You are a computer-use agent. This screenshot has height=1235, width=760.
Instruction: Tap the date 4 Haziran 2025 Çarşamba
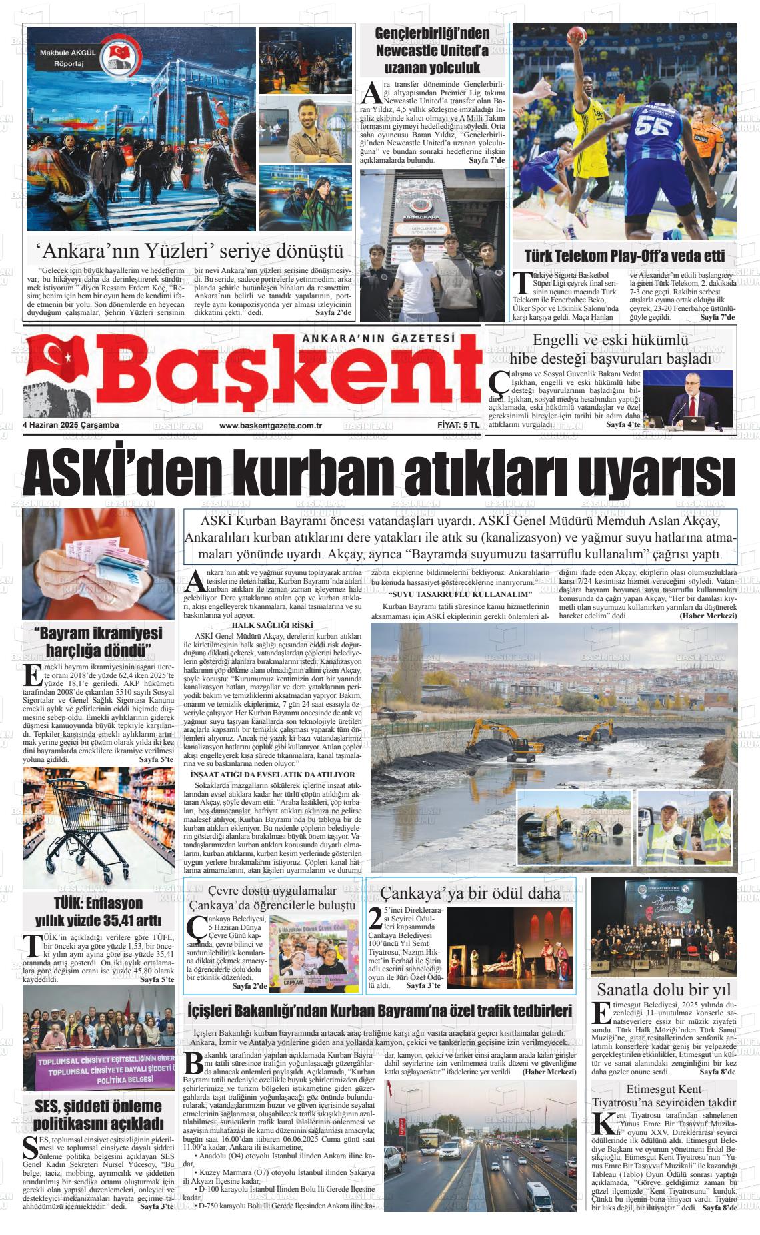70,425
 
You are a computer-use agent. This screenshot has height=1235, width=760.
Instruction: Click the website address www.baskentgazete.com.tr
271,426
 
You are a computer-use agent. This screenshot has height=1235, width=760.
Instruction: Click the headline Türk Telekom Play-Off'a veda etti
624,256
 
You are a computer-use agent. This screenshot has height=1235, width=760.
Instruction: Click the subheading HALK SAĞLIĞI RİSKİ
272,625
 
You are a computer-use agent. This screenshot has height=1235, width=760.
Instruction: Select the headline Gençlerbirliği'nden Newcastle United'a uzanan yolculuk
432,50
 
